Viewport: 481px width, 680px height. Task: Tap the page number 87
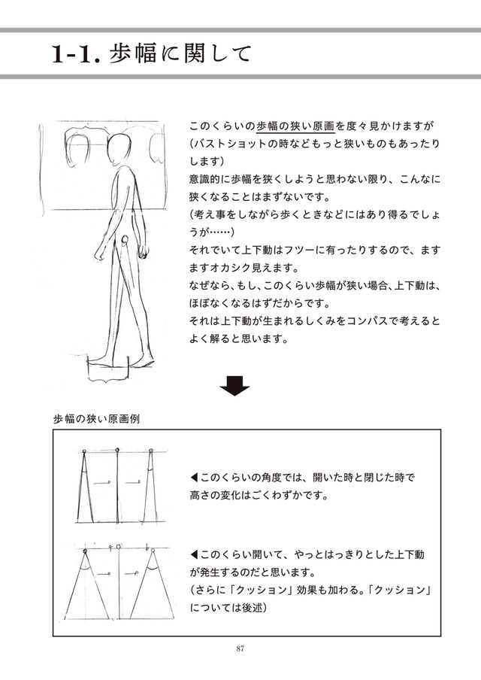240,648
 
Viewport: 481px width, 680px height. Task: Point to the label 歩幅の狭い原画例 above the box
95,418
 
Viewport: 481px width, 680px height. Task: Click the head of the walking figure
118,150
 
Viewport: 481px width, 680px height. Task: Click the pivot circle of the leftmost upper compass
85,451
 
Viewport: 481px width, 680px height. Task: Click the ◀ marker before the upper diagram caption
195,478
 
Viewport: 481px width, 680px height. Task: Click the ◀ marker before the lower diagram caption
195,554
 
